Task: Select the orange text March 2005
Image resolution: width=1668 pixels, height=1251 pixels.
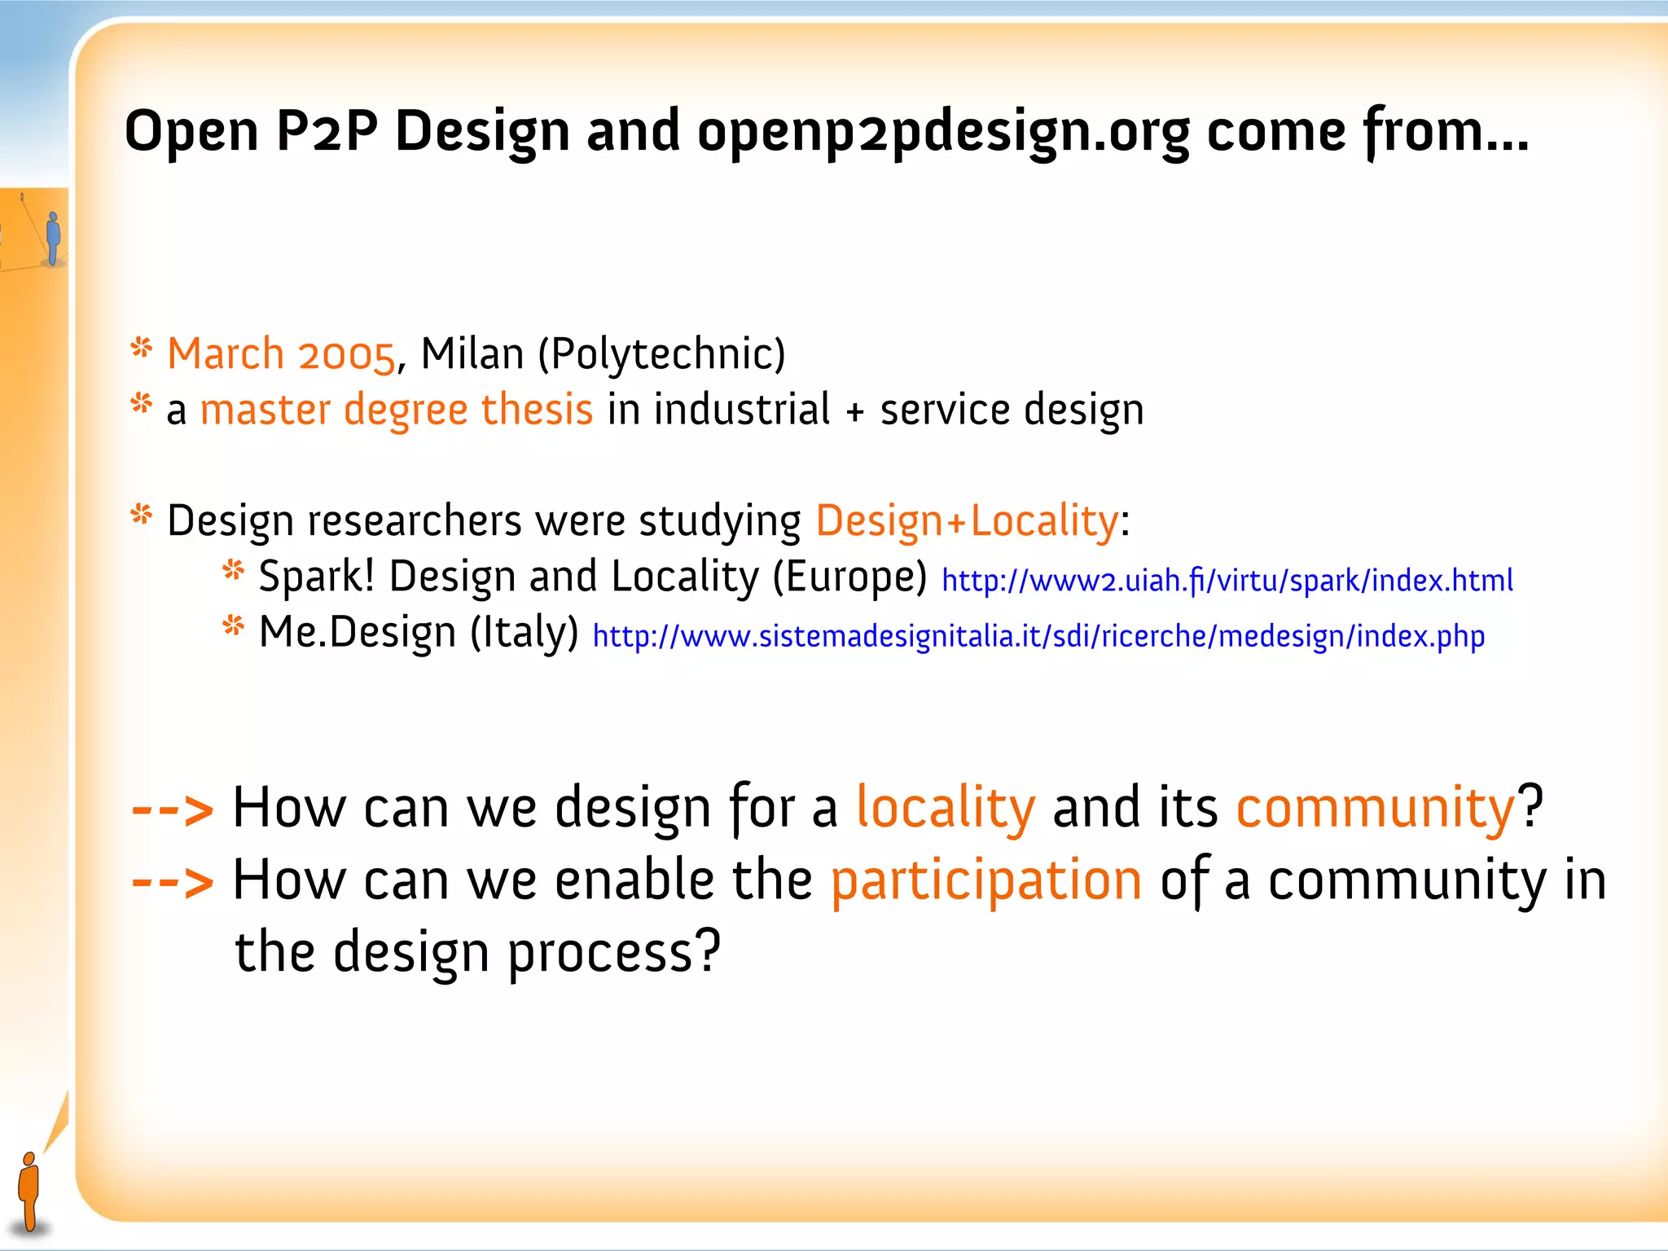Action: click(x=281, y=355)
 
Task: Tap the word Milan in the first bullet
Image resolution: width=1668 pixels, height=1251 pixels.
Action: click(x=472, y=355)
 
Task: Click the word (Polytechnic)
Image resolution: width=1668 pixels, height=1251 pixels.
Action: click(x=661, y=355)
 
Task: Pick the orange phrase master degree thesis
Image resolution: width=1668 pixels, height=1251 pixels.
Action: click(x=396, y=410)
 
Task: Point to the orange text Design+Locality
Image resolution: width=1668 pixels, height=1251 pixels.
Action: click(x=967, y=521)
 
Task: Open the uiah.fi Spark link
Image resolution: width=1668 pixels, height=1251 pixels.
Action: click(x=1227, y=581)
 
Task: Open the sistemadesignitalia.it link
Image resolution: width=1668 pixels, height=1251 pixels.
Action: click(x=1038, y=636)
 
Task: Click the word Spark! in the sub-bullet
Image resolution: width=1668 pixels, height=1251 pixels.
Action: click(x=317, y=577)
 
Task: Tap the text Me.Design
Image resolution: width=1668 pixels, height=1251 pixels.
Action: click(x=357, y=632)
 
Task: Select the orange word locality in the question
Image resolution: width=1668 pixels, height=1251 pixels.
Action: click(x=946, y=808)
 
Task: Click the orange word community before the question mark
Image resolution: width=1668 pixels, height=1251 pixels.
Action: click(x=1376, y=808)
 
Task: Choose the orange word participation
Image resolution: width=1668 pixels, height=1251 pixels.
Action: click(x=986, y=880)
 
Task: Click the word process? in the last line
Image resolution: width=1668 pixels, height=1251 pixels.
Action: click(x=615, y=952)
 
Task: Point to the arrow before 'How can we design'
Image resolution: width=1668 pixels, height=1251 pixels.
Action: click(x=173, y=810)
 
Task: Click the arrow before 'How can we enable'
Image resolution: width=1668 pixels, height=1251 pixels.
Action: click(x=173, y=882)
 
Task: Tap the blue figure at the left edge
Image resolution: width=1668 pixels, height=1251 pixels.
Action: click(x=54, y=237)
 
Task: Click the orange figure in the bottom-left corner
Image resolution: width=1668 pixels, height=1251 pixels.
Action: click(x=29, y=1190)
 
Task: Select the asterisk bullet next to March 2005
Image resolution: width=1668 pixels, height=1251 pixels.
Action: click(x=142, y=349)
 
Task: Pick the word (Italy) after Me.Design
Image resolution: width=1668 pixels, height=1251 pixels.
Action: click(x=525, y=632)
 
